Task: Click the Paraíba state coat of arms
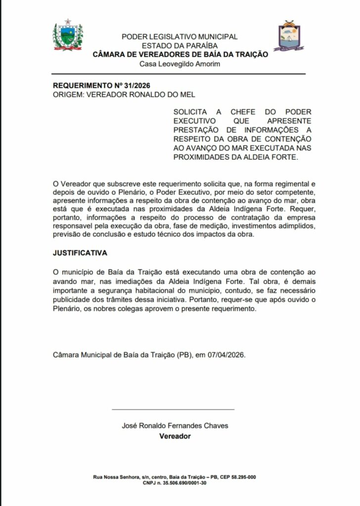[x=68, y=37]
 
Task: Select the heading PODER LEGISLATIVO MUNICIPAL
[x=180, y=37]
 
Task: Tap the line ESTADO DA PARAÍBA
[x=180, y=45]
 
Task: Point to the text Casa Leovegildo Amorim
[x=180, y=64]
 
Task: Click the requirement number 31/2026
[x=123, y=85]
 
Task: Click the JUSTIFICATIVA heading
[x=80, y=253]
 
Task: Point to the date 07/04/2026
[x=226, y=355]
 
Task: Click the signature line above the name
[x=173, y=409]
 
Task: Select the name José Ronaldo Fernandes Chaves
[x=175, y=426]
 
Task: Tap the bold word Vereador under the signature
[x=175, y=436]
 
